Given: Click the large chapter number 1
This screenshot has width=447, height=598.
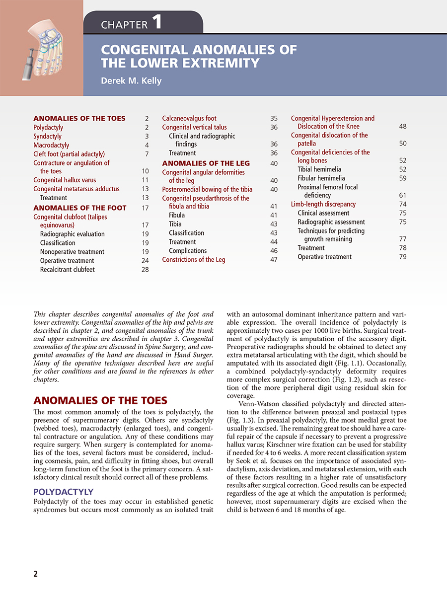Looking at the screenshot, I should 156,22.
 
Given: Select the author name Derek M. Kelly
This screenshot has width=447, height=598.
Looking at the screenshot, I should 131,81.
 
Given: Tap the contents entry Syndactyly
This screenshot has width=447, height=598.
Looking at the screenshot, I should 48,137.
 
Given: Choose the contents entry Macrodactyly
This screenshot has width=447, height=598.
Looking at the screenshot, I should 51,146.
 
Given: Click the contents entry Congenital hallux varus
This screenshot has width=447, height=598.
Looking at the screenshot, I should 65,180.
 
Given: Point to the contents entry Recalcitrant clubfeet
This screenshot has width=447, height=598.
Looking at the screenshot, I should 67,270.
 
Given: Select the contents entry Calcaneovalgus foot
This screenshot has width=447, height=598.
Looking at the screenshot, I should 189,119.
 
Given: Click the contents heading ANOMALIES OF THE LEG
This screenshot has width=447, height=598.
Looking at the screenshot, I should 206,163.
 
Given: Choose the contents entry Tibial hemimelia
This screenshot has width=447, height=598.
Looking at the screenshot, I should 319,169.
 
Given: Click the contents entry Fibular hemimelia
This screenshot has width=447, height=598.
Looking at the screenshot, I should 321,178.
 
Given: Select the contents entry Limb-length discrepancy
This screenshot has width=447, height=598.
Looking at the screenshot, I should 323,204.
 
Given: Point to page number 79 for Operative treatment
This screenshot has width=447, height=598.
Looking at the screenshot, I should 402,257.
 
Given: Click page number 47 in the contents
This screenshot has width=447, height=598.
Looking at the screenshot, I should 274,260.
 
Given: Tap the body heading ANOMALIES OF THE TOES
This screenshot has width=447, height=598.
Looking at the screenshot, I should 100,401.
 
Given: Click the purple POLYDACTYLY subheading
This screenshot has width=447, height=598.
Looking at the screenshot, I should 63,492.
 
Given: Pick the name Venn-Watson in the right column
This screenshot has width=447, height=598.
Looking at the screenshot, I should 262,404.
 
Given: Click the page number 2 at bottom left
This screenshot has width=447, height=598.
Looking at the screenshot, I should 35,574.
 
